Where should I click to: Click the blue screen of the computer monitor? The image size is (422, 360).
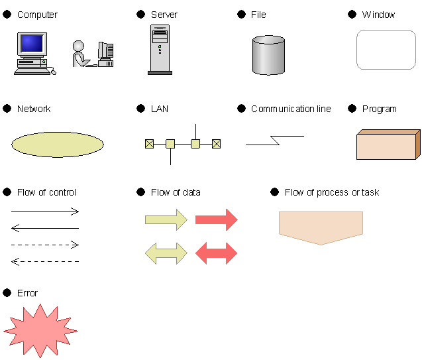coord(32,43)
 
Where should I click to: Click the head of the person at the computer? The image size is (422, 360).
coord(78,46)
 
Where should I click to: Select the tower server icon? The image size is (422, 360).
coord(160,50)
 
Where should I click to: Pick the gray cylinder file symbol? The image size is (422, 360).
coord(268,55)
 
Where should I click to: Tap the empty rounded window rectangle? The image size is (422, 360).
coord(386,50)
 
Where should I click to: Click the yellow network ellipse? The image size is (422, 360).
coord(58,145)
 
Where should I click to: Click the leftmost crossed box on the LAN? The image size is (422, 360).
coord(149,144)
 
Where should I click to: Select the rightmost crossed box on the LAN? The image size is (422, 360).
coord(216,144)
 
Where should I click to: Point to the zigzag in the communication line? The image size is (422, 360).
coord(275,141)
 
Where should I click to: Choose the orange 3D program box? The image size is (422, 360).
coord(388,145)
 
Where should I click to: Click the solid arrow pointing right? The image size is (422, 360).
coord(45,211)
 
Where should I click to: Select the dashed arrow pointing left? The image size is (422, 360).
coord(45,261)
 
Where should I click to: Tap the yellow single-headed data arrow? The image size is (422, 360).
coord(166,219)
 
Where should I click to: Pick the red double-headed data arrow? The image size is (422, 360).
coord(216,253)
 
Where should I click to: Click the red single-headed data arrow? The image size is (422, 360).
coord(217,219)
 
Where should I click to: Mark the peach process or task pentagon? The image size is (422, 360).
coord(321,228)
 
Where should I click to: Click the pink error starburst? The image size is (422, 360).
coord(40,331)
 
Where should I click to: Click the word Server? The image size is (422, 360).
coord(164,15)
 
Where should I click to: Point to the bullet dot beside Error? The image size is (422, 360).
coord(7,292)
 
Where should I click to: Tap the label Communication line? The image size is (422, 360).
coord(291,109)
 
